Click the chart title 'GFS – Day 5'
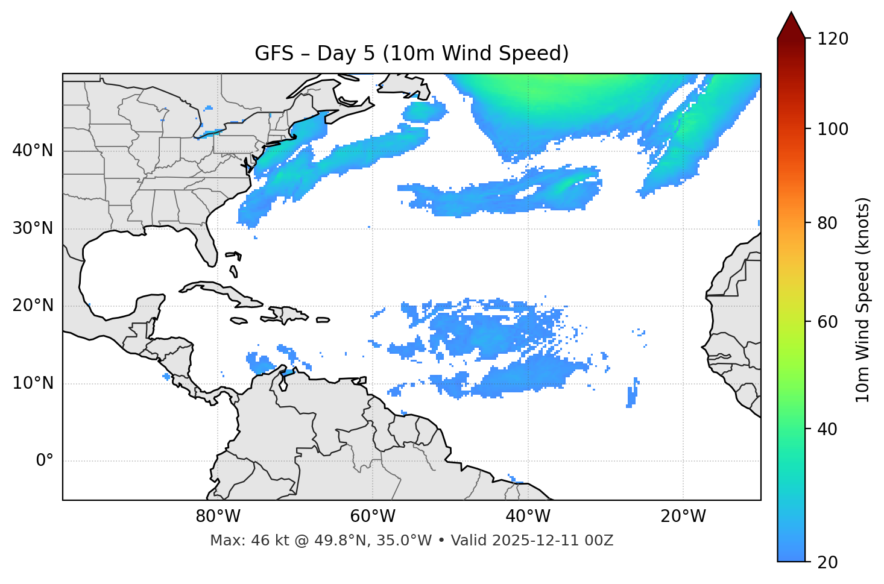411,54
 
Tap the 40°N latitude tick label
33,151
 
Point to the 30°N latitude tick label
33,228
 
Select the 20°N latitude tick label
33,306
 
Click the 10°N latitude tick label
33,383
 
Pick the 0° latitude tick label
44,461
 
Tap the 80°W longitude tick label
218,516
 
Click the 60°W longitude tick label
373,516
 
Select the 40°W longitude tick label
528,516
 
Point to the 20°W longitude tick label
683,516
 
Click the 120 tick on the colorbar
833,39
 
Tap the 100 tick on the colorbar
833,129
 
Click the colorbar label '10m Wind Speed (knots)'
863,300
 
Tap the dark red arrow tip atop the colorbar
791,24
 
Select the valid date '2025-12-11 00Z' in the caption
552,541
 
